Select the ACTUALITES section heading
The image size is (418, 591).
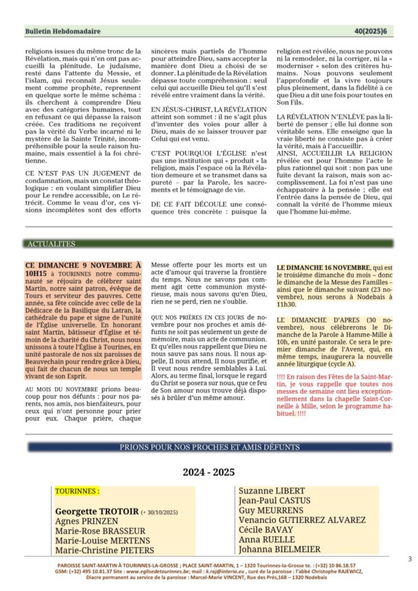pyautogui.click(x=51, y=244)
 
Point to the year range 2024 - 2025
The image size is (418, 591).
pyautogui.click(x=209, y=472)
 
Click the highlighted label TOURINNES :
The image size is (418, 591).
pyautogui.click(x=77, y=492)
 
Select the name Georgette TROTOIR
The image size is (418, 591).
pyautogui.click(x=97, y=511)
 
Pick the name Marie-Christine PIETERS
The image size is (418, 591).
pyautogui.click(x=105, y=551)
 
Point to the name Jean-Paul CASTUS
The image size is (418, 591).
pyautogui.click(x=274, y=501)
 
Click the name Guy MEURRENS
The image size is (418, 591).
pyautogui.click(x=271, y=511)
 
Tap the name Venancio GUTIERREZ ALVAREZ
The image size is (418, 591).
pyautogui.click(x=302, y=521)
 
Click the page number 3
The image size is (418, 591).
pyautogui.click(x=409, y=559)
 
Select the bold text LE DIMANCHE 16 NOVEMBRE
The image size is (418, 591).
pyautogui.click(x=323, y=268)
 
